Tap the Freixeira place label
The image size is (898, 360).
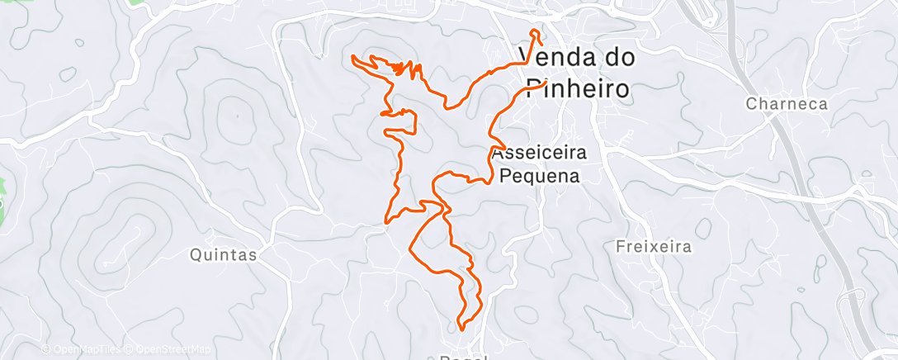(653, 246)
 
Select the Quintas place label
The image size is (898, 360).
(223, 255)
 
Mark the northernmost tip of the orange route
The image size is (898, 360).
(536, 31)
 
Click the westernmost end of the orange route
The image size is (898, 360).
(353, 56)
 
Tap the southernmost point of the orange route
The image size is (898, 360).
(461, 329)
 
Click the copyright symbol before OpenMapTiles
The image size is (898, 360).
(46, 350)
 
